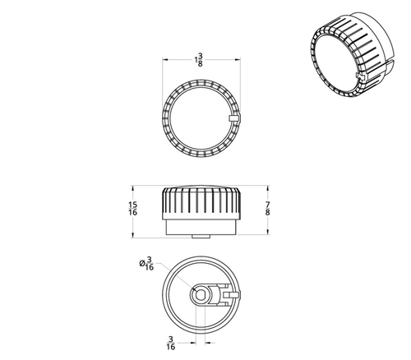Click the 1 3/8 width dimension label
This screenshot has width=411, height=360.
pyautogui.click(x=200, y=60)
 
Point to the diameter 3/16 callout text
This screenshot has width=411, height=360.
pyautogui.click(x=149, y=262)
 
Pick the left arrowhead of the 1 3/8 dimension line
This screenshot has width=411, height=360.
pyautogui.click(x=166, y=60)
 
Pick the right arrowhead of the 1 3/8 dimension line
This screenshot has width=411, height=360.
pyautogui.click(x=238, y=60)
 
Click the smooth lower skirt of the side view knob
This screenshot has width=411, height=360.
pyautogui.click(x=201, y=226)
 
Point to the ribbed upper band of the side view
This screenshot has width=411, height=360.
pyautogui.click(x=201, y=201)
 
